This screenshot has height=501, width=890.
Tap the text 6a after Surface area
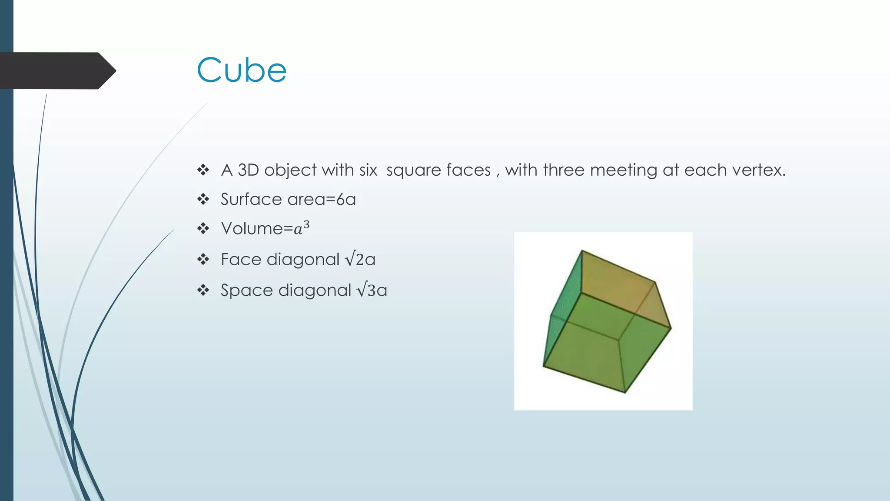coord(346,200)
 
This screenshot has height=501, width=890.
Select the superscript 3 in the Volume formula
coord(306,224)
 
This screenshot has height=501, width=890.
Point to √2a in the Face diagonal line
coord(360,260)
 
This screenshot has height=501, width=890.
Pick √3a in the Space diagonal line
coord(372,290)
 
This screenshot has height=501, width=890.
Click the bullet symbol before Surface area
coord(203,200)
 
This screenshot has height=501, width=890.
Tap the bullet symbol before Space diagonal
coord(203,290)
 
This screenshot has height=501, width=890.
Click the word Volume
coord(252,229)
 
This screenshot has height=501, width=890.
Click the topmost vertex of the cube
coord(582,250)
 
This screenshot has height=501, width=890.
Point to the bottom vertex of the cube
coord(625,392)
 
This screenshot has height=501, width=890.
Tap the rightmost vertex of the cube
coord(671,328)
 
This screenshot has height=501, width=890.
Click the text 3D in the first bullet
coord(248,170)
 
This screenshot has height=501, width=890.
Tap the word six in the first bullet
coord(368,170)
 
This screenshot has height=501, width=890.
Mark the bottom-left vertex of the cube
coord(544,366)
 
